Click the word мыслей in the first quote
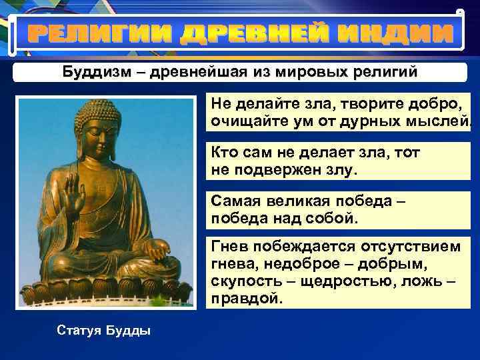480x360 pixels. pyautogui.click(x=440, y=122)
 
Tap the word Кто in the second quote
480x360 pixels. pyautogui.click(x=225, y=152)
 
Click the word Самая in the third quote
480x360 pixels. pyautogui.click(x=235, y=200)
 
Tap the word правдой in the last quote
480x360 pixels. pyautogui.click(x=246, y=299)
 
